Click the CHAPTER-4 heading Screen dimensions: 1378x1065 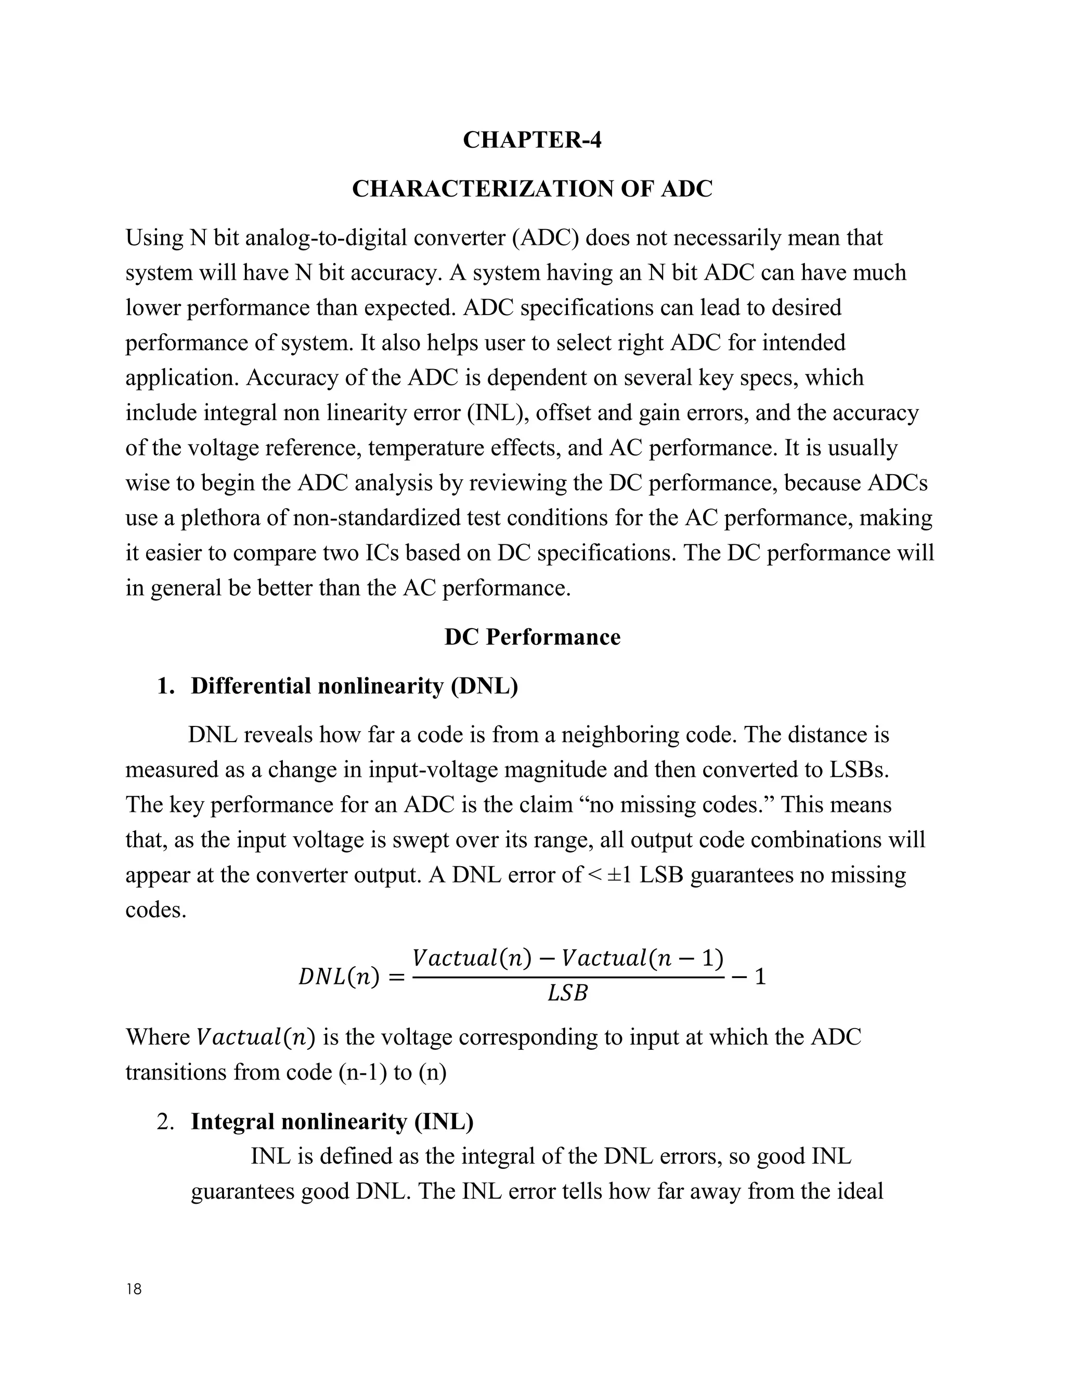532,139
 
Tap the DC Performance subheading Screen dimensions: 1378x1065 532,636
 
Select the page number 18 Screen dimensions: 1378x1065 134,1289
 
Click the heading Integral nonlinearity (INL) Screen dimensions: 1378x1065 332,1121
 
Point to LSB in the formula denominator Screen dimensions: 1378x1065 567,994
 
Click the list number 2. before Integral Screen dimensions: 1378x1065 165,1121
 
